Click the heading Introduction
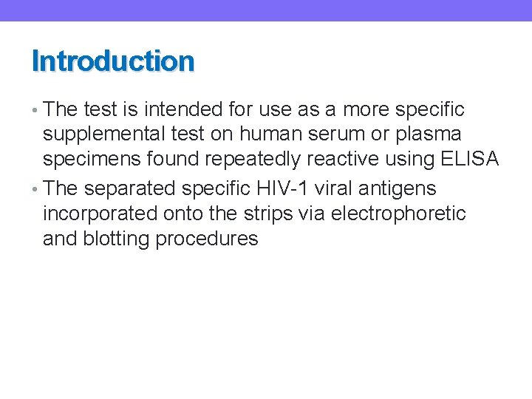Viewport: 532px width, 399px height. click(x=113, y=61)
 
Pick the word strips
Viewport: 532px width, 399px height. click(x=273, y=214)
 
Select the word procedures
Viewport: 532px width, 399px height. click(x=208, y=239)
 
